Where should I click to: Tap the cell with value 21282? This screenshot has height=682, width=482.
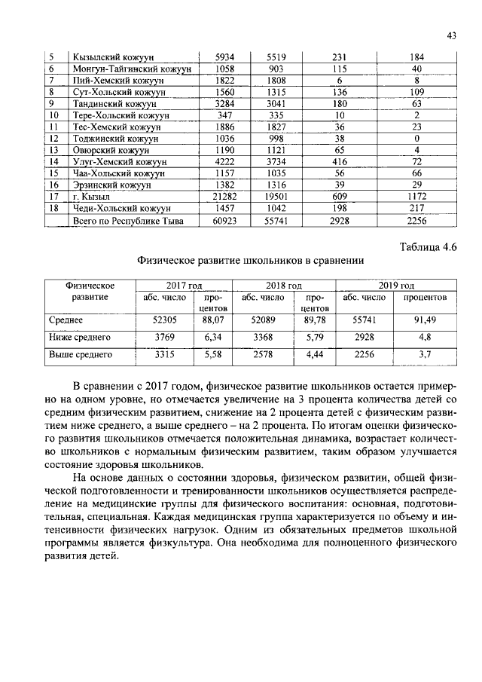pos(225,196)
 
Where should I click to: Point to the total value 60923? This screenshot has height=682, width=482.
pos(225,221)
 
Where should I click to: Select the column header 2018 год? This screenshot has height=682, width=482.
pos(284,286)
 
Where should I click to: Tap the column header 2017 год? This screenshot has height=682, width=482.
pos(183,286)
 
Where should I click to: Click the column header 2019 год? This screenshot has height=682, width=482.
pos(397,286)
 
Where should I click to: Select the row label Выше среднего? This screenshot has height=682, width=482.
pos(80,353)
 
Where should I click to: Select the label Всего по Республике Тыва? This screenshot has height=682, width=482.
pos(127,221)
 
